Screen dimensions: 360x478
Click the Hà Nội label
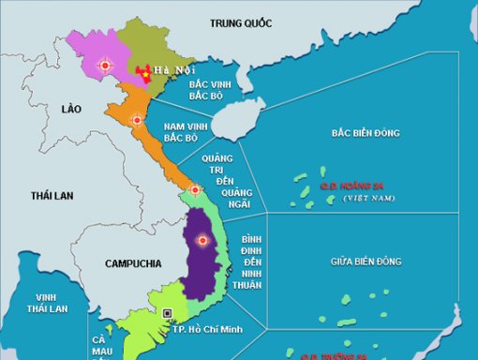point(171,70)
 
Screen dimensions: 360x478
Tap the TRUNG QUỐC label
point(241,22)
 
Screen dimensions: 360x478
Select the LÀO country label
point(72,110)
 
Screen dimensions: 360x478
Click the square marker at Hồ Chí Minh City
point(168,312)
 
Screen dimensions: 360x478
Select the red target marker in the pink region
point(104,66)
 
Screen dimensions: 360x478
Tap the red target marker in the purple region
point(202,241)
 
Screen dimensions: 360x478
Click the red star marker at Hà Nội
point(143,71)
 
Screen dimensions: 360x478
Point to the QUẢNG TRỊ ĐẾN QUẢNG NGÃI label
point(225,184)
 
